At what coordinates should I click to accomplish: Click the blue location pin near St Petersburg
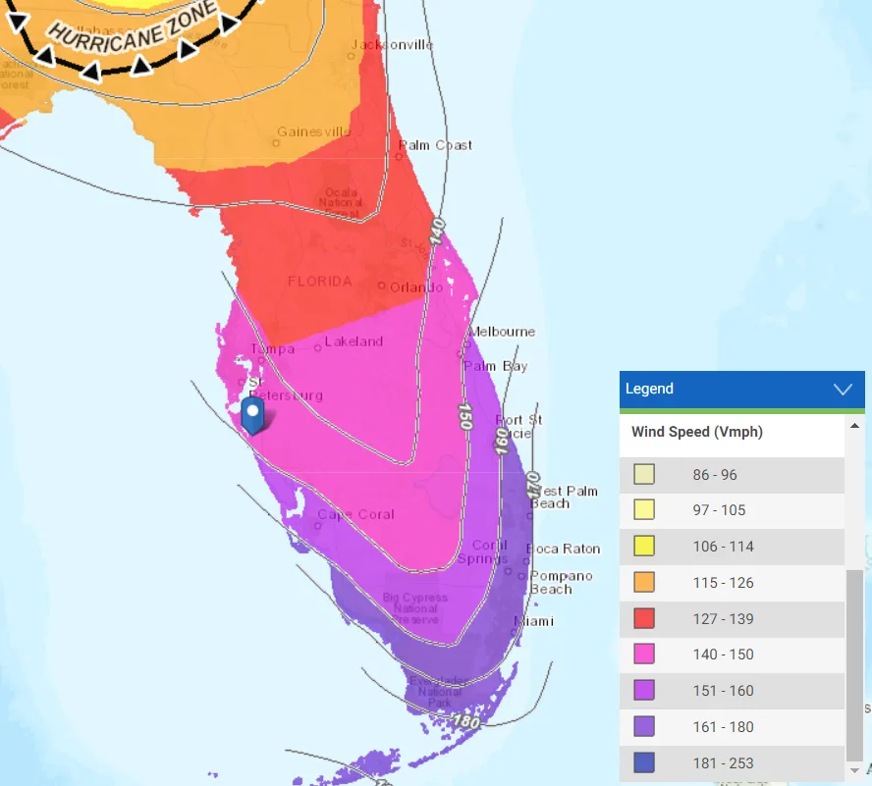click(253, 415)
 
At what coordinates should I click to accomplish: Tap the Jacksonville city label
click(392, 45)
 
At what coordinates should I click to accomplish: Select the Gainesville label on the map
click(314, 131)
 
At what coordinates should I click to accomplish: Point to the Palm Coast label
click(435, 145)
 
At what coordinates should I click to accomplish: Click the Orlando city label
click(409, 288)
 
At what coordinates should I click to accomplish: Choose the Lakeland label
click(354, 341)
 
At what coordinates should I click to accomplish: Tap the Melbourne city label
click(502, 332)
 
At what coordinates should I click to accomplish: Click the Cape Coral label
click(355, 514)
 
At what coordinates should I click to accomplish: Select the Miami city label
click(533, 621)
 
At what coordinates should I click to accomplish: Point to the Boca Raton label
click(563, 549)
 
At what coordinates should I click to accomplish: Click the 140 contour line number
click(437, 233)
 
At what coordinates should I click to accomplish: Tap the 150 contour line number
click(464, 415)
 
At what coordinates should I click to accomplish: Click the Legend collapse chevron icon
click(843, 389)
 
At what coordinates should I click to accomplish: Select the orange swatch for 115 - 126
click(644, 583)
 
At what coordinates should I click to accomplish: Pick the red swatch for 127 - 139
click(644, 619)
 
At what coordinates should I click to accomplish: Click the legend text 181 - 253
click(723, 763)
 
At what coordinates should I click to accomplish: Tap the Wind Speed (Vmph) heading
click(696, 432)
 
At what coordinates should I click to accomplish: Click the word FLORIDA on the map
click(319, 282)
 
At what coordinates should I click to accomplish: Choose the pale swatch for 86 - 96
click(644, 475)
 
